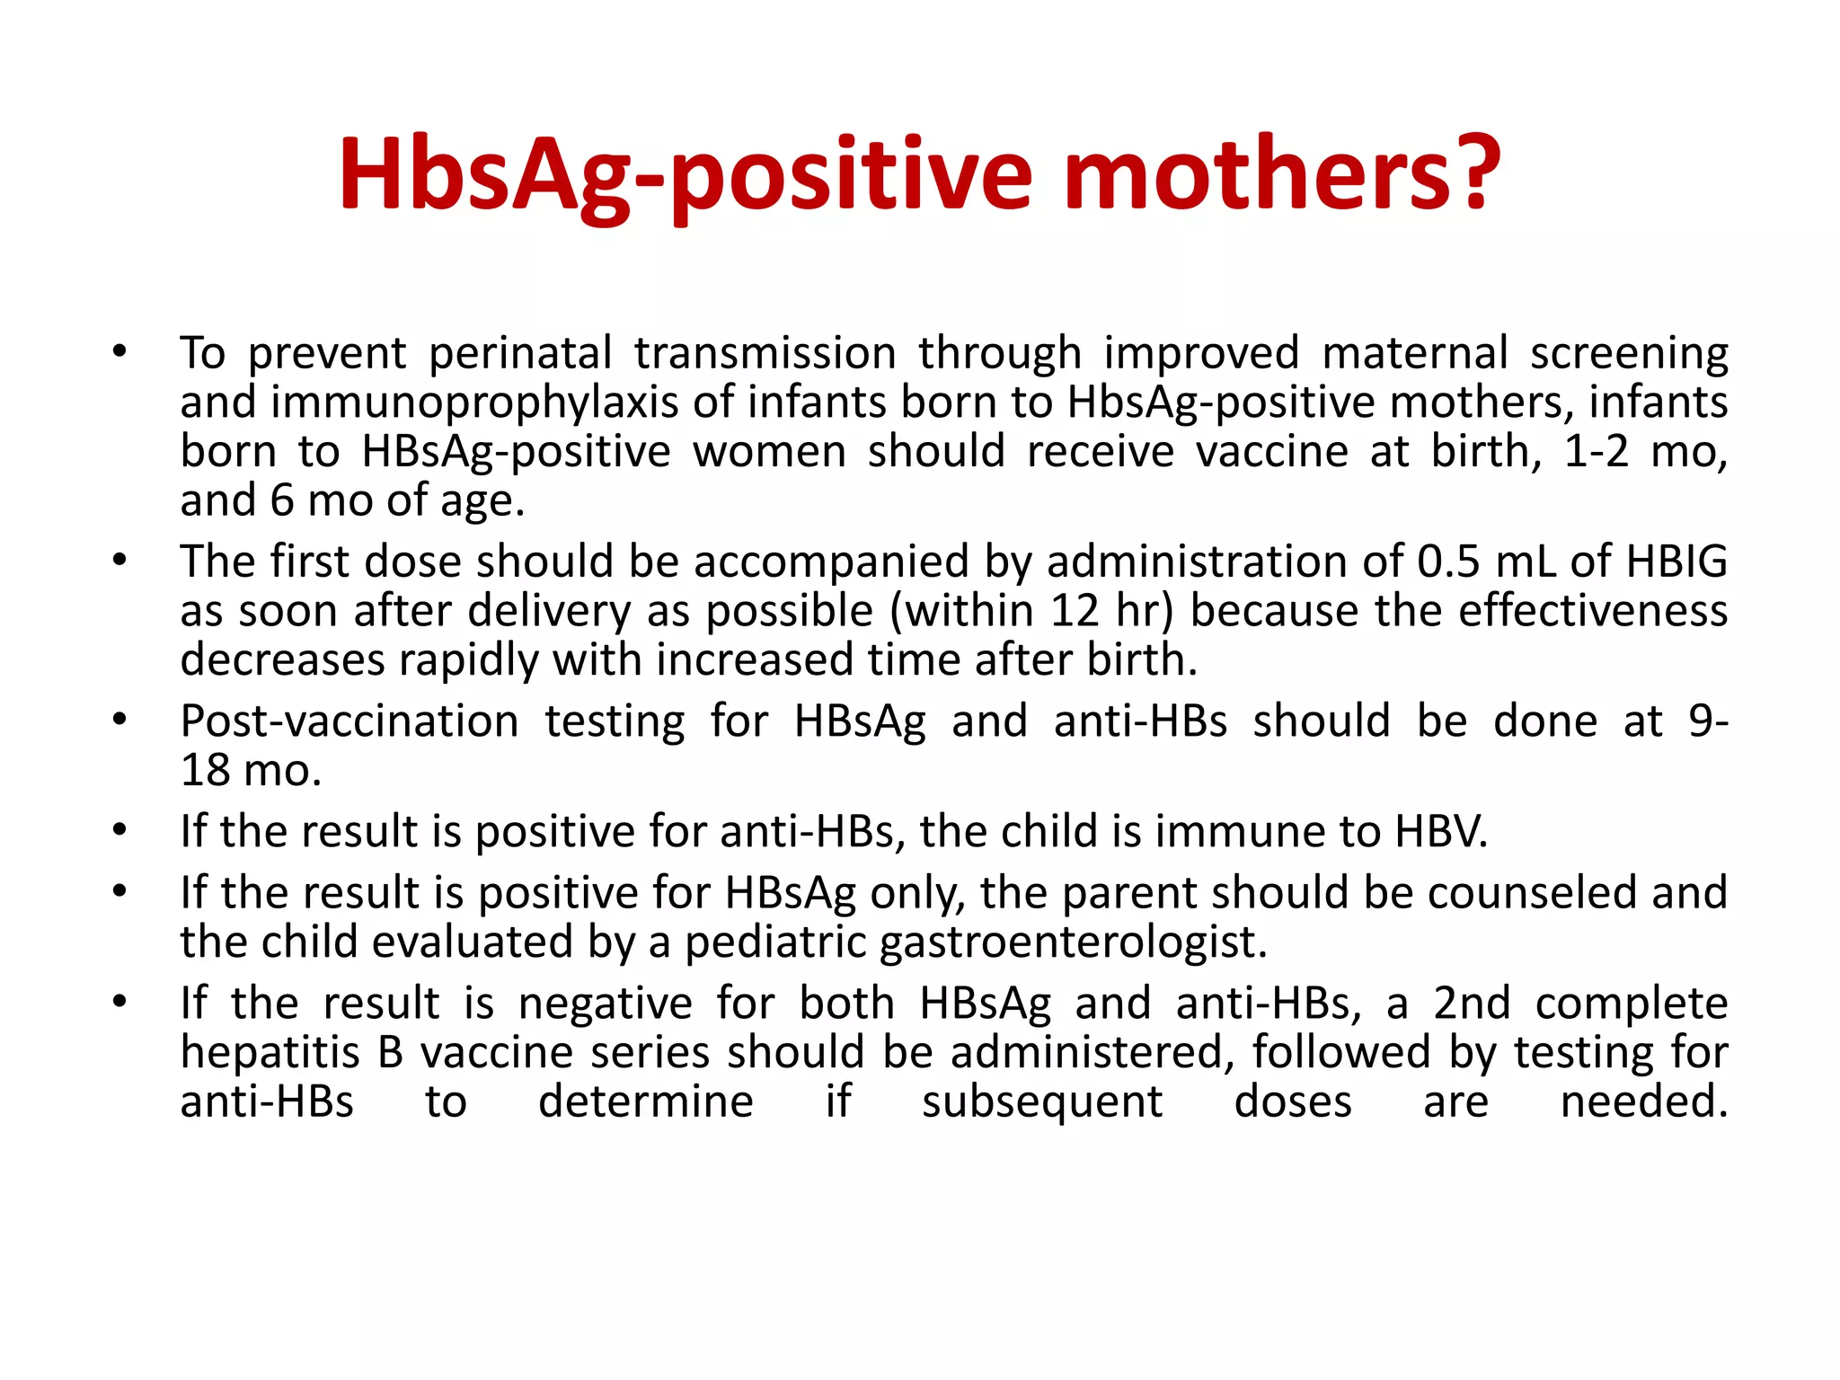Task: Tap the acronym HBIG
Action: click(x=1676, y=562)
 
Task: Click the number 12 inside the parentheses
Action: click(x=1075, y=611)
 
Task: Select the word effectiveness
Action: click(x=1593, y=611)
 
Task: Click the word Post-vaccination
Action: click(x=349, y=721)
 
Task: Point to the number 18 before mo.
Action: click(x=205, y=771)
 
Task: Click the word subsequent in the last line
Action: click(x=1042, y=1102)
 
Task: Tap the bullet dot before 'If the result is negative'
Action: click(x=119, y=1002)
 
